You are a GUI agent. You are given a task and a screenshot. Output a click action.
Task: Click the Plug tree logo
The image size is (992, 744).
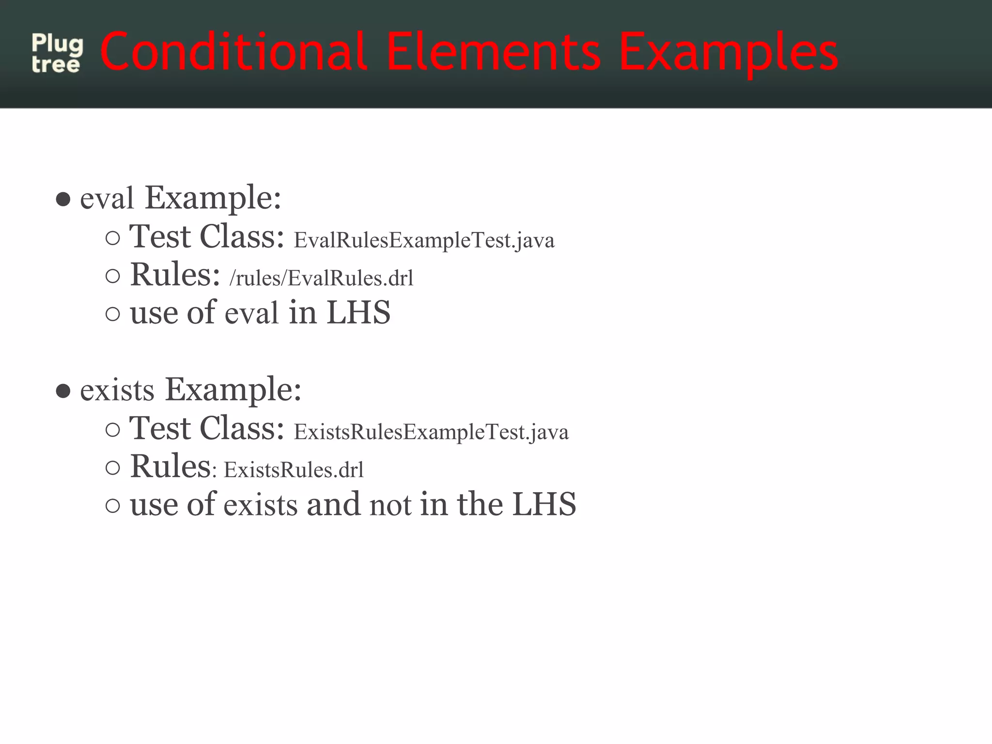click(57, 54)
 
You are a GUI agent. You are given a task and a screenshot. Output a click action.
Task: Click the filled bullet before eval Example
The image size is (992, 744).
click(63, 199)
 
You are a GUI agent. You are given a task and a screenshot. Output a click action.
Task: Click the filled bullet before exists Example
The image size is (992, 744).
click(63, 390)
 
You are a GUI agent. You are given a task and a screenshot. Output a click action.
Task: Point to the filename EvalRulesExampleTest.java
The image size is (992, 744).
click(424, 240)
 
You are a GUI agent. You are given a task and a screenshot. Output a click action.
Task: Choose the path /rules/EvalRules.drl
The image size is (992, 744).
click(321, 278)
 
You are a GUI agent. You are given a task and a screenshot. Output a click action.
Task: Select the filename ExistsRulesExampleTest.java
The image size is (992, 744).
click(431, 432)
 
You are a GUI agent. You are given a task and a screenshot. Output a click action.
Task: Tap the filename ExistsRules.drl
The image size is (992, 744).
click(294, 470)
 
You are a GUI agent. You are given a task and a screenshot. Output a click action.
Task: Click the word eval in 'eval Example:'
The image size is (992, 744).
click(107, 199)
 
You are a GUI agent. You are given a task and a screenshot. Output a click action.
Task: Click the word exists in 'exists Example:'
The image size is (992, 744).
click(117, 390)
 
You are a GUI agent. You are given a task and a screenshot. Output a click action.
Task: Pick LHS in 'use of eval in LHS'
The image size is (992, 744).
click(358, 312)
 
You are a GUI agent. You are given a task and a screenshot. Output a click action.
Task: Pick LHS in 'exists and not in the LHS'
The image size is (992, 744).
click(544, 504)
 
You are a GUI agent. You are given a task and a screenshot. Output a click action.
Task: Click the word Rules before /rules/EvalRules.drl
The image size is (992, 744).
click(175, 275)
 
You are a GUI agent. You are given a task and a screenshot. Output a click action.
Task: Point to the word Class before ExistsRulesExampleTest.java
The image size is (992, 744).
click(242, 428)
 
